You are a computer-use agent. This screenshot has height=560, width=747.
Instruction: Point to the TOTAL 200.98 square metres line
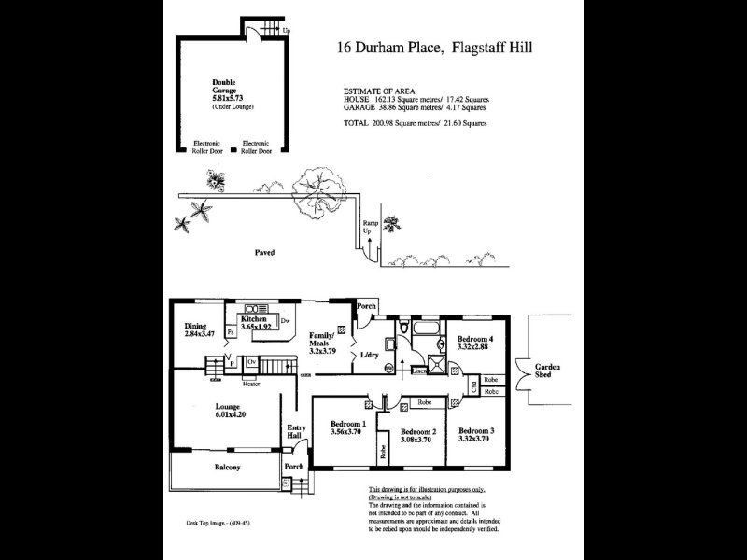point(416,123)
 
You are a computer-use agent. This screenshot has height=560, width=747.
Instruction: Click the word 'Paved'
point(264,252)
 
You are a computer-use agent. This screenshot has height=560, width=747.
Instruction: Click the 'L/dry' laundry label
point(370,357)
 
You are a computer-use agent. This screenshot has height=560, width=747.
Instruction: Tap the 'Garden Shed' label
point(548,371)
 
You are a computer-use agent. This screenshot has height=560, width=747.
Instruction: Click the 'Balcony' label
point(227,467)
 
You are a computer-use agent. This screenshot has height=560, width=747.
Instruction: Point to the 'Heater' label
point(250,384)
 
